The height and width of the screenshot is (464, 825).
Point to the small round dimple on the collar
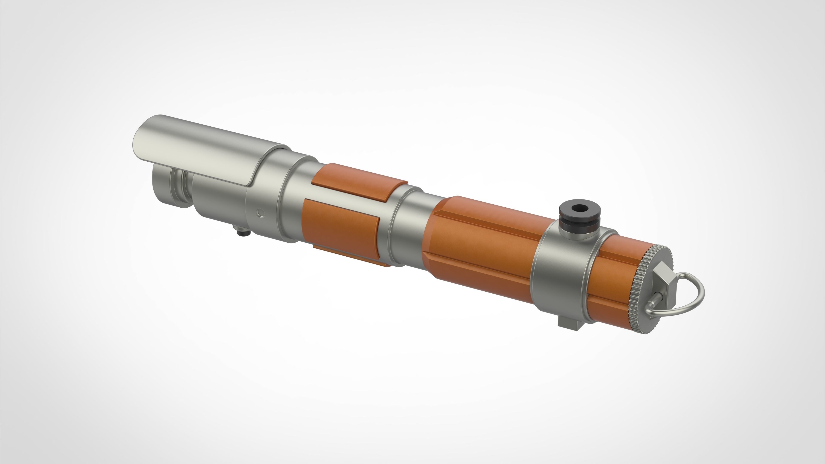[x=261, y=213]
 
